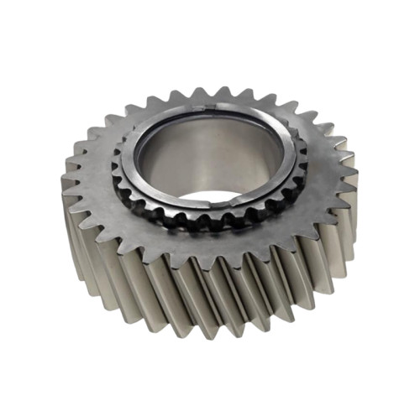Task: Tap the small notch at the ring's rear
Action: (213, 106)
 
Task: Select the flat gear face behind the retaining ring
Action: (210, 99)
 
